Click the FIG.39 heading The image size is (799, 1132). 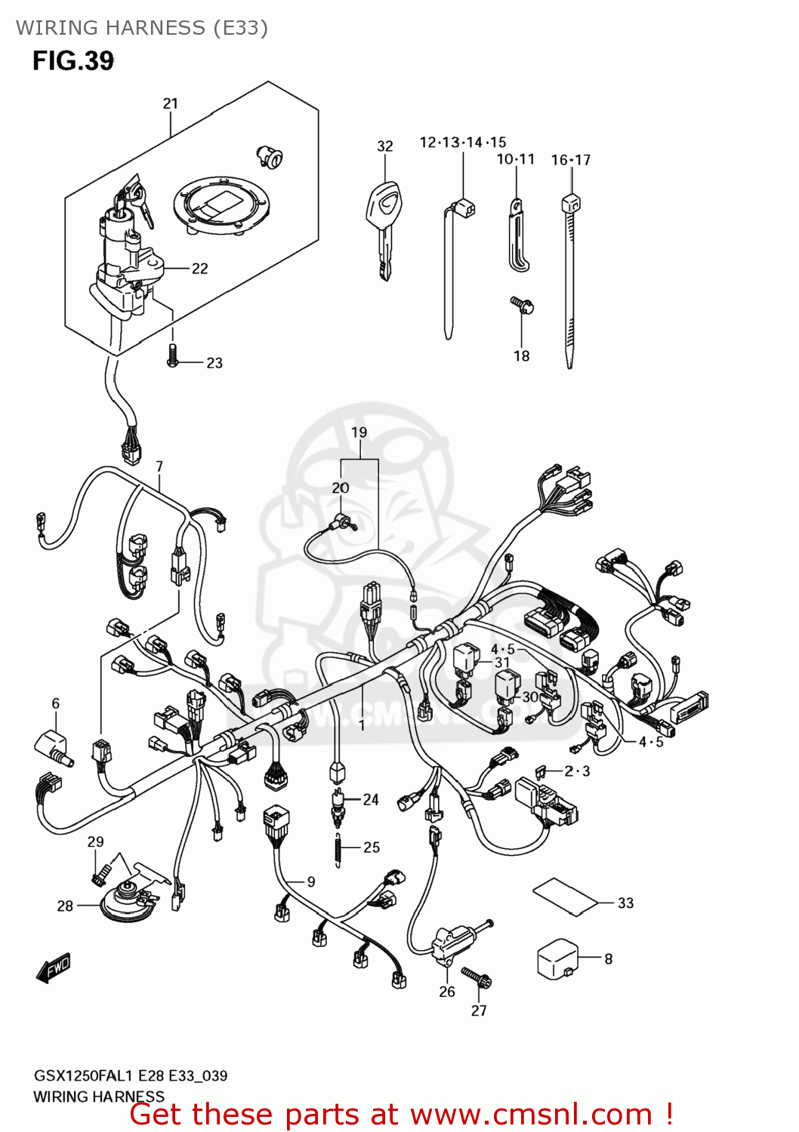(72, 61)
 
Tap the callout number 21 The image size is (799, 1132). (171, 103)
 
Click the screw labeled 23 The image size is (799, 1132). (172, 356)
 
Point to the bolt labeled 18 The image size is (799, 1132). (522, 305)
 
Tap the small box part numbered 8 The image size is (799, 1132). (557, 958)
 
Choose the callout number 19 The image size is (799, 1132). (359, 432)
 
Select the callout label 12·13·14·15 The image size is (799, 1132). (462, 142)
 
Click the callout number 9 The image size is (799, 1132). (310, 881)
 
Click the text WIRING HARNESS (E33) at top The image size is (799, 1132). (142, 28)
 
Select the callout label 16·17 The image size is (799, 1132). (570, 160)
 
